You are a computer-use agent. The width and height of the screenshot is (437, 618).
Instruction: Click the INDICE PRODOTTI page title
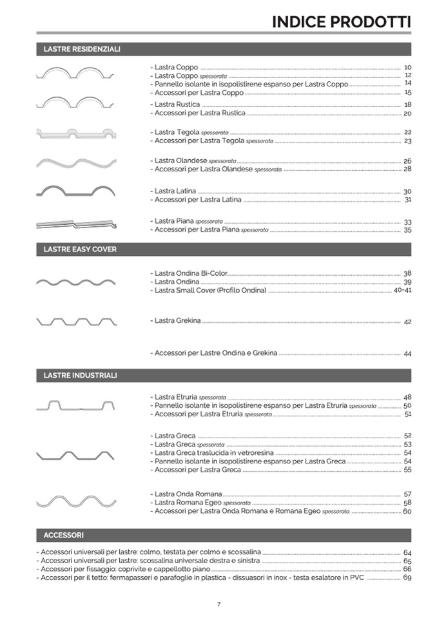(x=341, y=21)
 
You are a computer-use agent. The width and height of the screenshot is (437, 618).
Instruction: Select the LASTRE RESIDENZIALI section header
(x=82, y=49)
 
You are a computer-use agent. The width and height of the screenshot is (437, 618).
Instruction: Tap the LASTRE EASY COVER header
(x=80, y=249)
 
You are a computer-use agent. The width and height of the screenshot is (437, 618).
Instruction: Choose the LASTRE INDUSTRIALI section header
(x=80, y=375)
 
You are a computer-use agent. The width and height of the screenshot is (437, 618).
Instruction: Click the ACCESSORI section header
(x=63, y=535)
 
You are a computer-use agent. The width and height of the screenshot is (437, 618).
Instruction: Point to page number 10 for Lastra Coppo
(x=407, y=68)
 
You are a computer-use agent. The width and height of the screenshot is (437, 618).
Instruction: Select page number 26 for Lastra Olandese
(x=407, y=161)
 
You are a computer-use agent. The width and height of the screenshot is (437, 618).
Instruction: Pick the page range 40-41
(x=402, y=291)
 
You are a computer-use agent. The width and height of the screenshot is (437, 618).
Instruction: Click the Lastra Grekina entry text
(x=177, y=320)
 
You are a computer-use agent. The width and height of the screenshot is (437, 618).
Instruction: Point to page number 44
(x=407, y=354)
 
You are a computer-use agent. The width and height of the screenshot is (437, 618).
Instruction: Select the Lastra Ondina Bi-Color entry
(x=189, y=274)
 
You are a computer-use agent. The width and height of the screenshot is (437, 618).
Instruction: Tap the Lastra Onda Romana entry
(x=186, y=494)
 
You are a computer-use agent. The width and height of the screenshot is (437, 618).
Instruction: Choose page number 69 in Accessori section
(x=407, y=577)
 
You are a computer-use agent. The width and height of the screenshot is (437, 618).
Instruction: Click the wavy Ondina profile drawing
(x=76, y=282)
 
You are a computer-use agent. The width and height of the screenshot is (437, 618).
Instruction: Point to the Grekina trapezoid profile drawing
(x=76, y=321)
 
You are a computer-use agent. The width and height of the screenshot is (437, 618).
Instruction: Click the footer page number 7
(x=218, y=604)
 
